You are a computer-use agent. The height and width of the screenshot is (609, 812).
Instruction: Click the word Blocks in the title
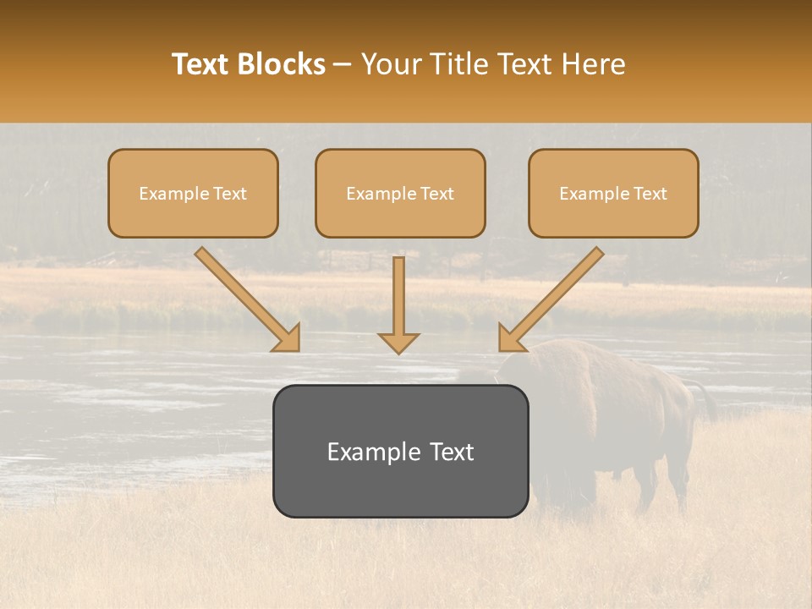[283, 64]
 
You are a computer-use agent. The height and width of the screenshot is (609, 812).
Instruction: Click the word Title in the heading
[458, 64]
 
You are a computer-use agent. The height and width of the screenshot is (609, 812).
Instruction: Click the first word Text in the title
[203, 64]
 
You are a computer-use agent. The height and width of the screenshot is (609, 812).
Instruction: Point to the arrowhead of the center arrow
[398, 342]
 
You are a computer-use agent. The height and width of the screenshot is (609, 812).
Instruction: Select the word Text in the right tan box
[650, 194]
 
